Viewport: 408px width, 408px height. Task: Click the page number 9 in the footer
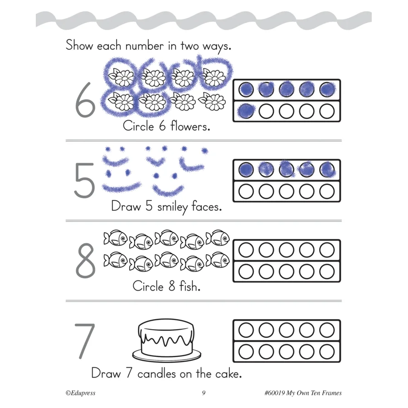pos(204,393)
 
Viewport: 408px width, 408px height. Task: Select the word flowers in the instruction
pos(190,126)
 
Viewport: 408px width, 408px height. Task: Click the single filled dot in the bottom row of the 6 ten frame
pos(246,111)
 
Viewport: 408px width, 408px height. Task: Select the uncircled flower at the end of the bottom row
pos(212,102)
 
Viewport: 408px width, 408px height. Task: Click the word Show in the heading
pos(79,45)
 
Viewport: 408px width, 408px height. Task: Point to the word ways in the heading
pos(217,47)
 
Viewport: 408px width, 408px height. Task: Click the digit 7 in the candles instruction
pos(129,373)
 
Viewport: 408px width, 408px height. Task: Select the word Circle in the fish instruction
pos(148,286)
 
